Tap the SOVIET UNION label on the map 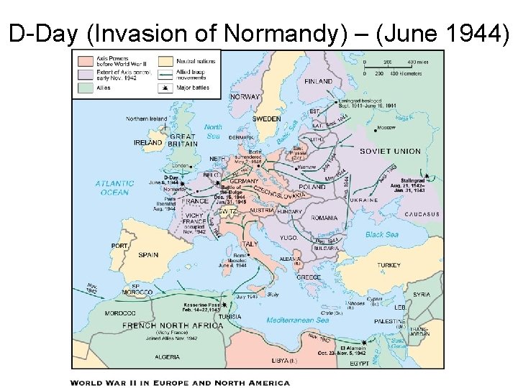tap(390, 152)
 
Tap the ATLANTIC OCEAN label tap(114, 188)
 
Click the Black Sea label tap(382, 234)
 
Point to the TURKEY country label tap(388, 265)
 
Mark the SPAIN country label tap(148, 254)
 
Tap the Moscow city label tap(386, 127)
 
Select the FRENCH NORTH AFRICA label tap(173, 325)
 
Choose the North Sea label tap(213, 131)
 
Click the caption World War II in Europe tap(180, 382)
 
